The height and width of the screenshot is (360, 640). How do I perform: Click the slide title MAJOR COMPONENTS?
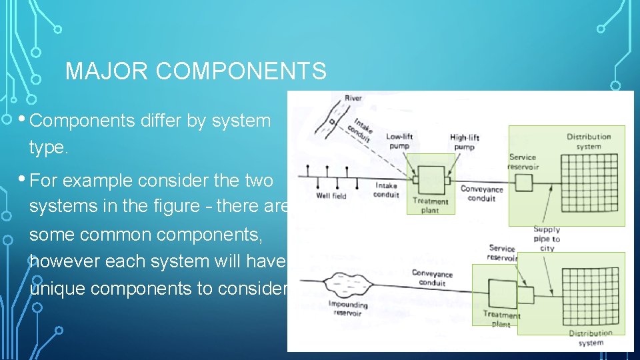click(x=196, y=71)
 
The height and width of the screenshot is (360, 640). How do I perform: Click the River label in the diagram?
click(x=353, y=99)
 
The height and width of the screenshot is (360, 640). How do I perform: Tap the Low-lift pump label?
click(x=399, y=141)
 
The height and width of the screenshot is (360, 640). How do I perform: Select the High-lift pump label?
click(x=463, y=142)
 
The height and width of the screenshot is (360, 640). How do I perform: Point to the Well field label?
click(x=331, y=196)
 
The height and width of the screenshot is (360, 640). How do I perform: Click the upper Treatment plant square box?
click(x=430, y=180)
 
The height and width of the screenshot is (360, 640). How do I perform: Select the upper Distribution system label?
click(x=589, y=141)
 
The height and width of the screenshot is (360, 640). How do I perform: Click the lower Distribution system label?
click(x=590, y=337)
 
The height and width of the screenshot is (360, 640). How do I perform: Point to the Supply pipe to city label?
click(x=547, y=239)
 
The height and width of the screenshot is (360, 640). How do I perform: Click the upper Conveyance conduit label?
click(x=481, y=193)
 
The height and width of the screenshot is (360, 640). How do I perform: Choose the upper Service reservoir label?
click(x=523, y=162)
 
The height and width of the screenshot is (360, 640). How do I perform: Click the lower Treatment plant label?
click(x=501, y=319)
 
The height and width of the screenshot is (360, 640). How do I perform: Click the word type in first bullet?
click(x=49, y=149)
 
